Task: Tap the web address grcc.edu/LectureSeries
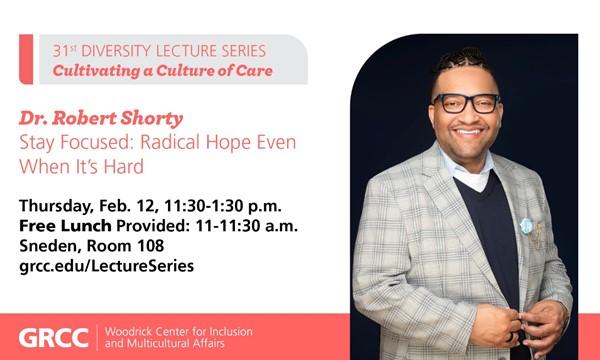click(106, 266)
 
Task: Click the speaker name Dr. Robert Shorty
click(90, 118)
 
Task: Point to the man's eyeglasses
click(466, 102)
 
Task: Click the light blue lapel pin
click(526, 226)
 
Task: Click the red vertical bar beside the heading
click(26, 59)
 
